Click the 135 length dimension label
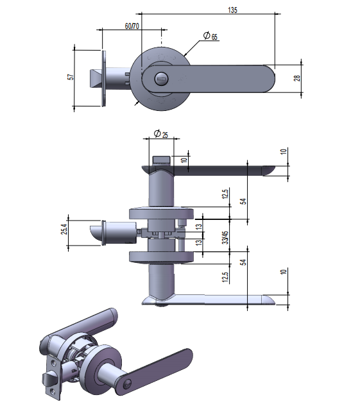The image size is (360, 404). point(232,10)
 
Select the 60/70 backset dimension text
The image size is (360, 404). point(132,26)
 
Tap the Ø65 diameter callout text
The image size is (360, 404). point(210,36)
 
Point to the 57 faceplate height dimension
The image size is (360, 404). point(71,77)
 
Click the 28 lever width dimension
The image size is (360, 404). point(297,78)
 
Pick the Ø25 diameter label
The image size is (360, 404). point(161,134)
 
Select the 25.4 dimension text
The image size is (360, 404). point(64,229)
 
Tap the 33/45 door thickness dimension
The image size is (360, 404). point(225,237)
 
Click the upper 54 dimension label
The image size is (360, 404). point(243,201)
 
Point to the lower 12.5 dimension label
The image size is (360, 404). point(225,277)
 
